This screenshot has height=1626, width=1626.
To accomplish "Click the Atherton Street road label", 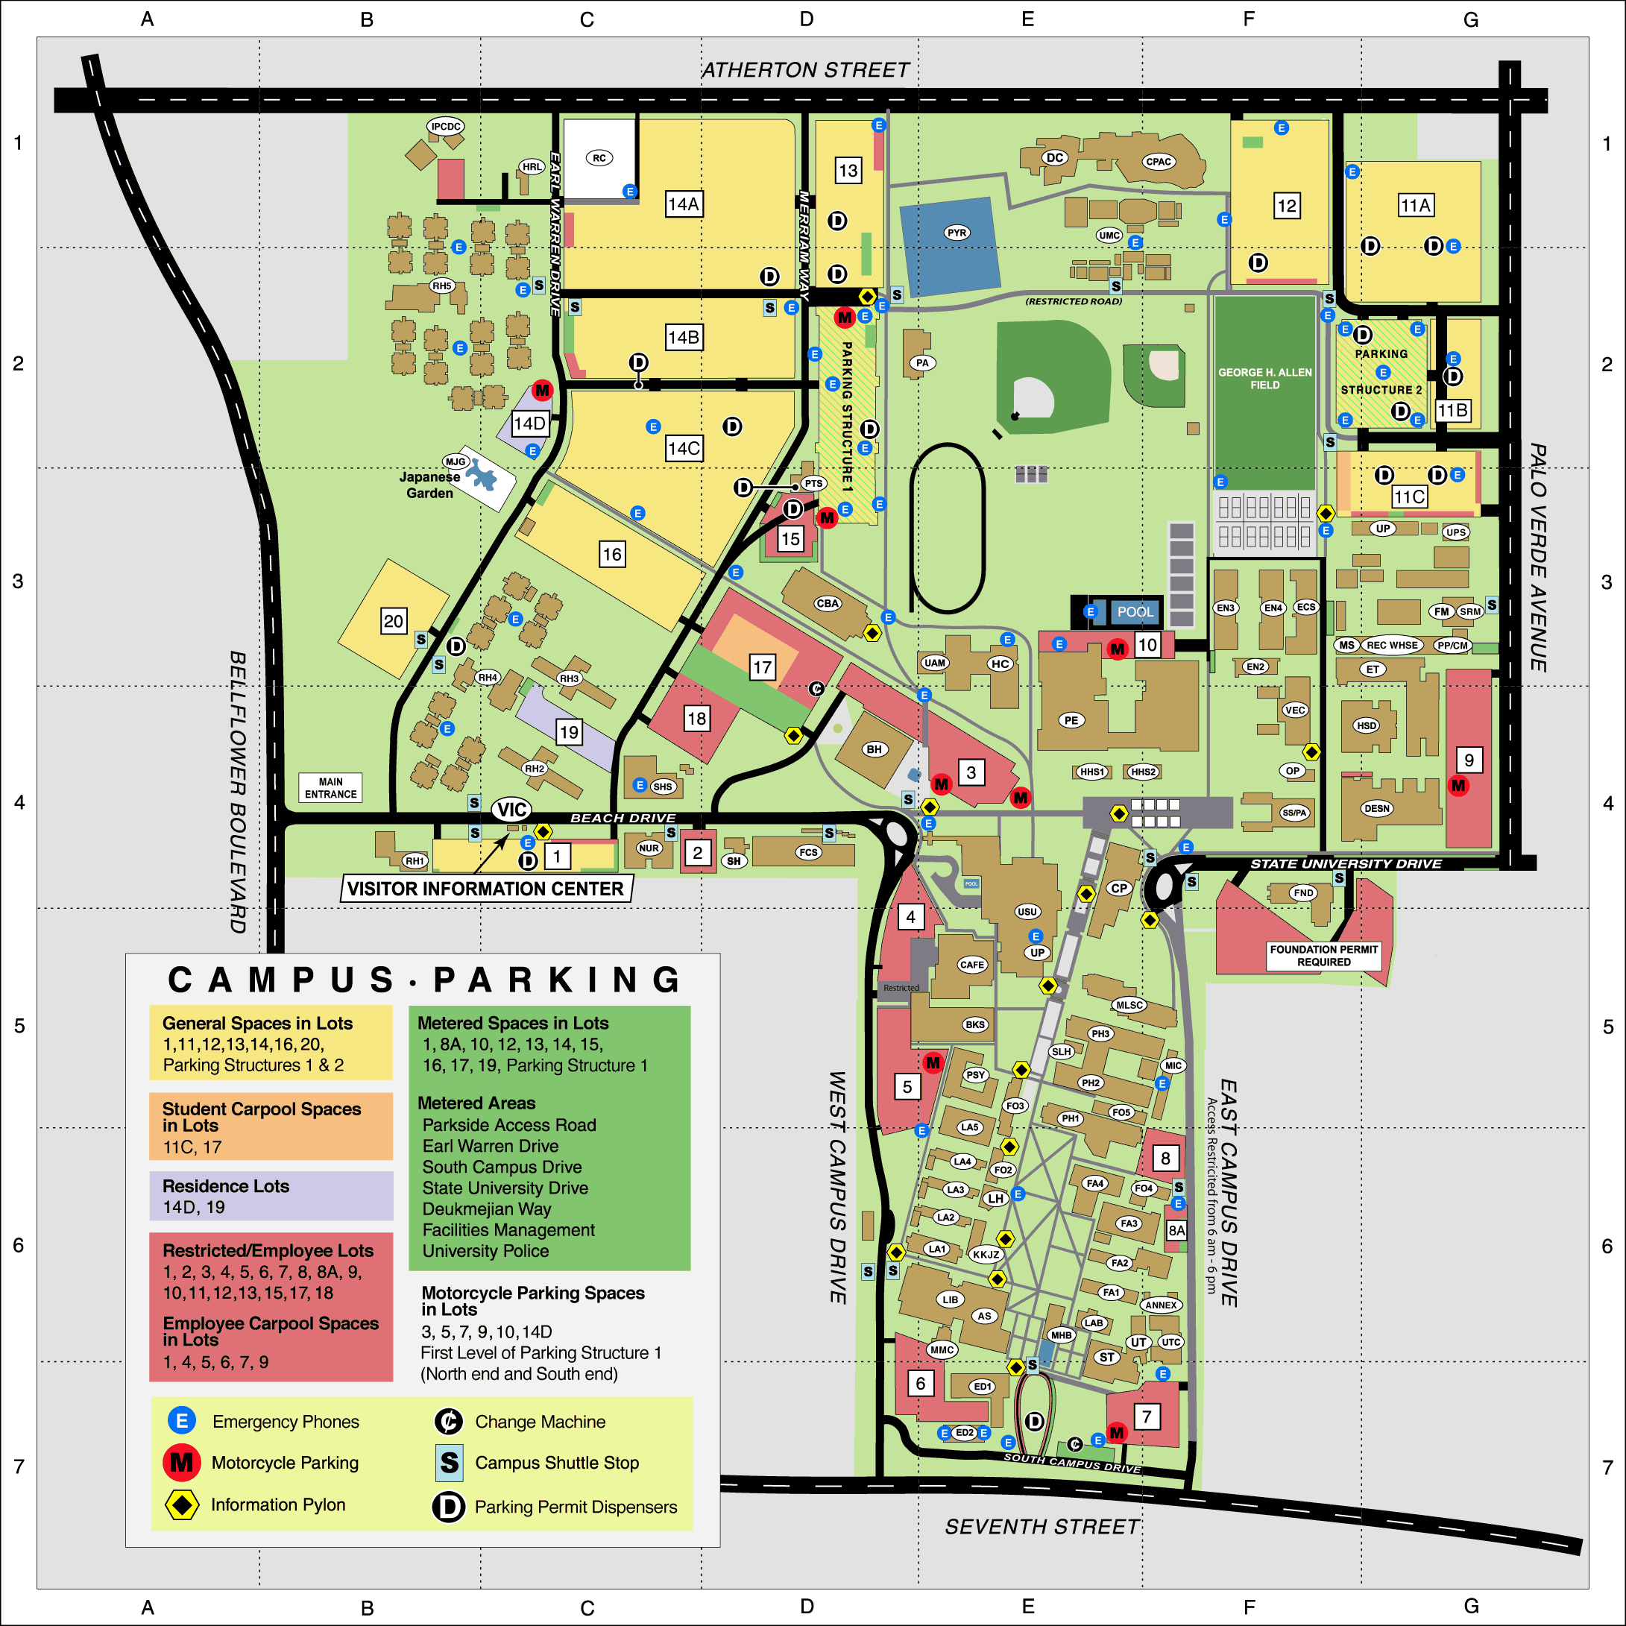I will (x=805, y=70).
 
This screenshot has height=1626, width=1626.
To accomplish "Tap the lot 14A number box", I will (x=684, y=204).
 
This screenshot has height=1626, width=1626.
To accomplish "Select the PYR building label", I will (x=957, y=233).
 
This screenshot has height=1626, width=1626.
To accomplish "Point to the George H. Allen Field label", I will (x=1264, y=378).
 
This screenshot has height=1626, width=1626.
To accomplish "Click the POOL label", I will (x=1135, y=612).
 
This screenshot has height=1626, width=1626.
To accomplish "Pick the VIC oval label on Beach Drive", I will (x=511, y=810).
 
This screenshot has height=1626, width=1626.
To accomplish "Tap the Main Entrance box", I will (x=331, y=788).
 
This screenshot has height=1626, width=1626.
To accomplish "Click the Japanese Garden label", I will (x=429, y=485).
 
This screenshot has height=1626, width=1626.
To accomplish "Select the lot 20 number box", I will (x=393, y=621).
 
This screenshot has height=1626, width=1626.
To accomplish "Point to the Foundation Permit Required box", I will (x=1324, y=955).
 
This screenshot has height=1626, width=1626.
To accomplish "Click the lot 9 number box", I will (x=1469, y=760).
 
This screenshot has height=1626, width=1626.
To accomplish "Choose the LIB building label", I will (x=951, y=1299).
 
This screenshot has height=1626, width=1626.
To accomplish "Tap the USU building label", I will (x=1027, y=912).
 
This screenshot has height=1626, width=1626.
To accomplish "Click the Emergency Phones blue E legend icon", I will (x=182, y=1422).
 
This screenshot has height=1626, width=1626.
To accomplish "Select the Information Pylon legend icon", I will (x=182, y=1504).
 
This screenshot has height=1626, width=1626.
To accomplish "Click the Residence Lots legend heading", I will (x=226, y=1186).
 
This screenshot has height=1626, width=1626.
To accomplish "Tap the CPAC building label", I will (x=1158, y=162).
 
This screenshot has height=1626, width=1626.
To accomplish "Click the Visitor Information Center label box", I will (x=485, y=889).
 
